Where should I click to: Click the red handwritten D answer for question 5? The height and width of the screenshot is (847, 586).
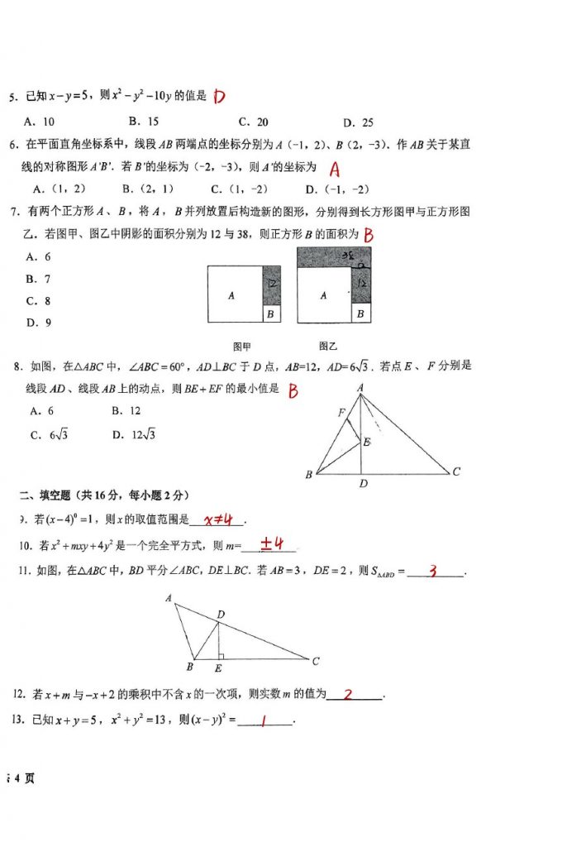[x=219, y=97]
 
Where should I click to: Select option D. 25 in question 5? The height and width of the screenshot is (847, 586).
[x=357, y=122]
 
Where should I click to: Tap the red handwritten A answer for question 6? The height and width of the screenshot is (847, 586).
[x=334, y=170]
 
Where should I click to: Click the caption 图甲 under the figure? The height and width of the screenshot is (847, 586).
[x=243, y=346]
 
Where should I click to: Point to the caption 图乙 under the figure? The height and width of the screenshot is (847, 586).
[x=328, y=346]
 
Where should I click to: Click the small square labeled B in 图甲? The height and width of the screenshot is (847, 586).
[x=271, y=314]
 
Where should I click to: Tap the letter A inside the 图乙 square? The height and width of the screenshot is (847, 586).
[x=323, y=295]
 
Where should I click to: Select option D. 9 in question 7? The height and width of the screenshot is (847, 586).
[x=39, y=323]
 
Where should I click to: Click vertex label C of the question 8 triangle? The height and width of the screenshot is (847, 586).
[x=455, y=471]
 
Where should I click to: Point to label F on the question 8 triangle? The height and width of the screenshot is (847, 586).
[x=341, y=412]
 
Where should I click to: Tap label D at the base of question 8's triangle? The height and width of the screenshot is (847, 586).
[x=363, y=484]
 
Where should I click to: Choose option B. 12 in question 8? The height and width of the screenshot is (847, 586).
[x=126, y=411]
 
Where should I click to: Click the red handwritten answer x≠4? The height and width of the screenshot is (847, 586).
[x=217, y=519]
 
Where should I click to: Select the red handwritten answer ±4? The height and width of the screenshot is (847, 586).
[x=272, y=544]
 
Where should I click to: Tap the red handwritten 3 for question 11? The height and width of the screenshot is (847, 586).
[x=431, y=571]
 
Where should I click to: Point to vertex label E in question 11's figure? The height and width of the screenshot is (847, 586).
[x=217, y=668]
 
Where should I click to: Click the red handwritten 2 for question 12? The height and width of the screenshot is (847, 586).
[x=348, y=695]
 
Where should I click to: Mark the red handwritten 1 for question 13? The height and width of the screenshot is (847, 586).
[x=262, y=721]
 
